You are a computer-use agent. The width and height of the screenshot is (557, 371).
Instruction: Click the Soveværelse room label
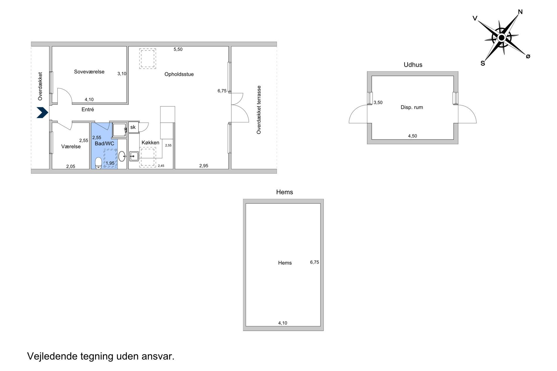pos(89,72)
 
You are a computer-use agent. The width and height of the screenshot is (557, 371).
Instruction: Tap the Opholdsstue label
pos(179,74)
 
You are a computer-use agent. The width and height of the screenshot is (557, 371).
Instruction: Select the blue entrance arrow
pos(42,113)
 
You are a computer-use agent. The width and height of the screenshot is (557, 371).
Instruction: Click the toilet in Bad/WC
pos(99,163)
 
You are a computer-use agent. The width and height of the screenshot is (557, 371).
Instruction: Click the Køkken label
pos(150,143)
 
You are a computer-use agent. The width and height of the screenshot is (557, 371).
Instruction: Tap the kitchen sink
pos(134,156)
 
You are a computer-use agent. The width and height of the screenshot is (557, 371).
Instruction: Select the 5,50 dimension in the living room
pos(178,49)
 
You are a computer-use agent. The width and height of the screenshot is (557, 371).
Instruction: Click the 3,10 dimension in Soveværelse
pos(122,74)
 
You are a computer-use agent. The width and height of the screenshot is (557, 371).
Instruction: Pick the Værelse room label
pos(71,146)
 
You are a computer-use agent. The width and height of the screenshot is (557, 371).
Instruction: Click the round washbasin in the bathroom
pos(122,156)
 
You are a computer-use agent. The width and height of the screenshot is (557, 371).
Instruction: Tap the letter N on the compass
pos(520,12)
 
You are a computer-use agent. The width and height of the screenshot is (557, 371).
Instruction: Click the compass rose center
pos(502,37)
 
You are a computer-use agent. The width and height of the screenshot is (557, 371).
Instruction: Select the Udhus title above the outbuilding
pos(413,65)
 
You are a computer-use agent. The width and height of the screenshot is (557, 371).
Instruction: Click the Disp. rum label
pos(412,107)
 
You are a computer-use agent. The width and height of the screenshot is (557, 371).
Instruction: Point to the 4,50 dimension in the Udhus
pos(412,136)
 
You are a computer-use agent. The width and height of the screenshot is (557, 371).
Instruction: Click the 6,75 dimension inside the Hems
pos(315,262)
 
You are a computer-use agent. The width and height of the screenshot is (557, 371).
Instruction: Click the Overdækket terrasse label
pos(259,110)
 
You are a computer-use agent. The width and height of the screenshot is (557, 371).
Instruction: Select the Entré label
pos(88,110)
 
